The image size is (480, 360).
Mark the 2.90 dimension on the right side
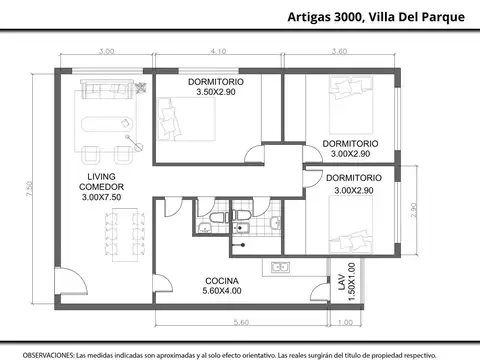tap(415, 212)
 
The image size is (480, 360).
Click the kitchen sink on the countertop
tap(280, 267)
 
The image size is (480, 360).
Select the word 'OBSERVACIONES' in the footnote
tap(48, 353)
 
